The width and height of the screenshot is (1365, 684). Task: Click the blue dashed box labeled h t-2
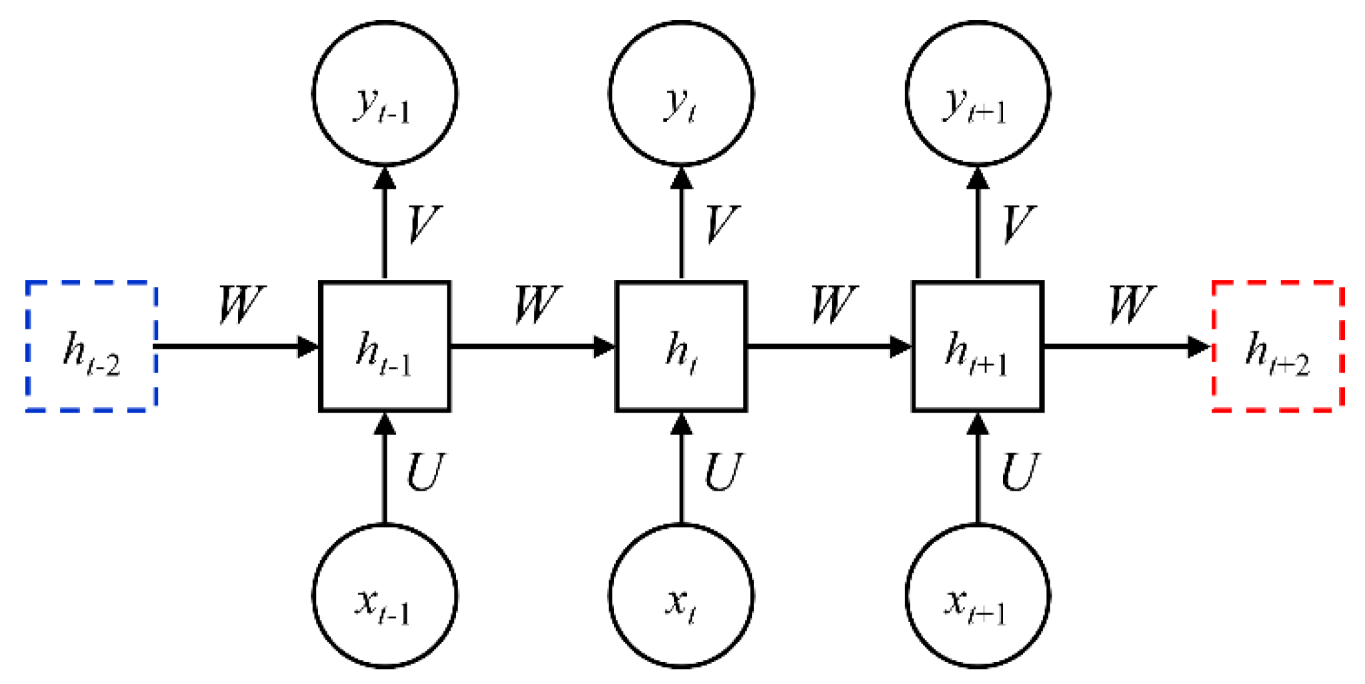click(x=91, y=346)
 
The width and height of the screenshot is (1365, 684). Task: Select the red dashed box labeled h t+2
click(x=1278, y=346)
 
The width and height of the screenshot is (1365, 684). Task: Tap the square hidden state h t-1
click(x=385, y=346)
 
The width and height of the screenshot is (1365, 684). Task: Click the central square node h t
click(x=681, y=346)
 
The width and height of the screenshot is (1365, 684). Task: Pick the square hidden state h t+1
click(x=978, y=346)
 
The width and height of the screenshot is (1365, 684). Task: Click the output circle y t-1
click(x=385, y=93)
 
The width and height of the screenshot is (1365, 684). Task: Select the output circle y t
click(x=681, y=93)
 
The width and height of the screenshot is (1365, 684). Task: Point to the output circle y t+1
click(x=978, y=93)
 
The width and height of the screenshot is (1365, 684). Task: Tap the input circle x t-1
click(x=385, y=596)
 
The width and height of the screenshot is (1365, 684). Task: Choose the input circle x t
click(x=681, y=596)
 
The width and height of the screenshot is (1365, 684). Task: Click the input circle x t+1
click(x=978, y=596)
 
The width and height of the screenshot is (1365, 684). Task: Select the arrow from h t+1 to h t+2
click(x=1127, y=346)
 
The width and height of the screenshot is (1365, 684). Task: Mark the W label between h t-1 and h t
click(x=537, y=305)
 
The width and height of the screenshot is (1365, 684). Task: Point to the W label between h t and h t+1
click(x=833, y=305)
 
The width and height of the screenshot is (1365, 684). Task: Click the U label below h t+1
click(x=1020, y=472)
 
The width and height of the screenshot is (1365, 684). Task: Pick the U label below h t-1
click(x=425, y=472)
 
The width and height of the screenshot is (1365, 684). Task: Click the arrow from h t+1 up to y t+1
click(x=978, y=223)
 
